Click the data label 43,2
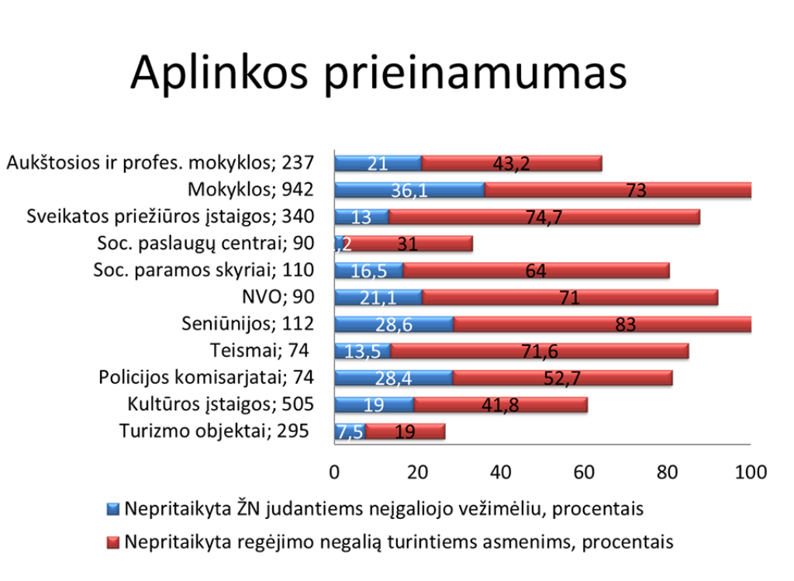pyautogui.click(x=512, y=163)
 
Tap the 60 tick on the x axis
pyautogui.click(x=584, y=472)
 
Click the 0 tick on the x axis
pyautogui.click(x=334, y=472)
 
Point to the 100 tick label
pyautogui.click(x=750, y=472)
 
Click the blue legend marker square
pyautogui.click(x=113, y=510)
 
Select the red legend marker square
pyautogui.click(x=113, y=541)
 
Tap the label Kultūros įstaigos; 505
pyautogui.click(x=220, y=404)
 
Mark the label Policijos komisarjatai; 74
pyautogui.click(x=206, y=378)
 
